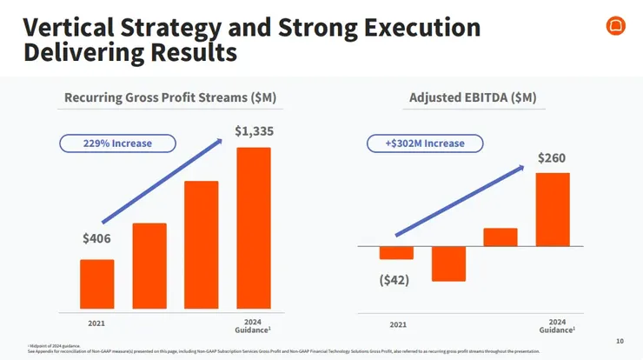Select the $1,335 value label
tap(254, 131)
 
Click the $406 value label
tap(96, 239)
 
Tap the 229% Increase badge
tap(117, 143)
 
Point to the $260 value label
tap(553, 158)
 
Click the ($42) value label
tap(394, 280)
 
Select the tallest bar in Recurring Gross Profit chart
tap(254, 228)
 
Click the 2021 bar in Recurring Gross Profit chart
tap(96, 284)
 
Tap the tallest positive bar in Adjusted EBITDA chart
tap(553, 210)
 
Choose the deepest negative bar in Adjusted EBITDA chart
tap(448, 263)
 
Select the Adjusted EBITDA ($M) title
tap(471, 97)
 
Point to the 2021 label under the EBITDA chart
tap(397, 324)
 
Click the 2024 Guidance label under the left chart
tap(253, 326)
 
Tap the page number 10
tap(620, 341)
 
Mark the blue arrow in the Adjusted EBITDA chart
tap(460, 200)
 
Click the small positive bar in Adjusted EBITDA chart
tap(500, 237)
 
